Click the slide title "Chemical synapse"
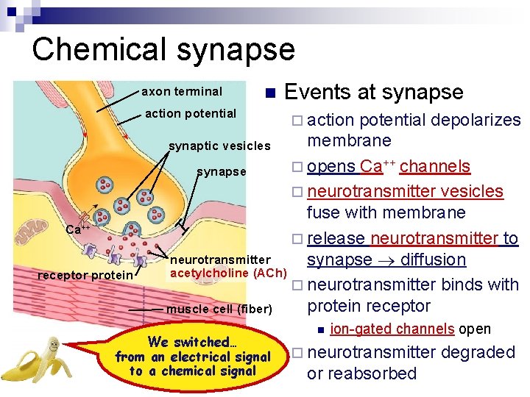pos(163,49)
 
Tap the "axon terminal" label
pos(181,92)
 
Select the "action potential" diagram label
pos(191,113)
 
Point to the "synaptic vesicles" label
pos(219,146)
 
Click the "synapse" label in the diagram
pos(221,172)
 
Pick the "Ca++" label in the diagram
pos(78,229)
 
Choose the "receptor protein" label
pos(85,275)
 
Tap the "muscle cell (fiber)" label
pos(219,309)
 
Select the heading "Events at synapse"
pos(373,92)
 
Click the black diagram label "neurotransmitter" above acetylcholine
pos(220,260)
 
